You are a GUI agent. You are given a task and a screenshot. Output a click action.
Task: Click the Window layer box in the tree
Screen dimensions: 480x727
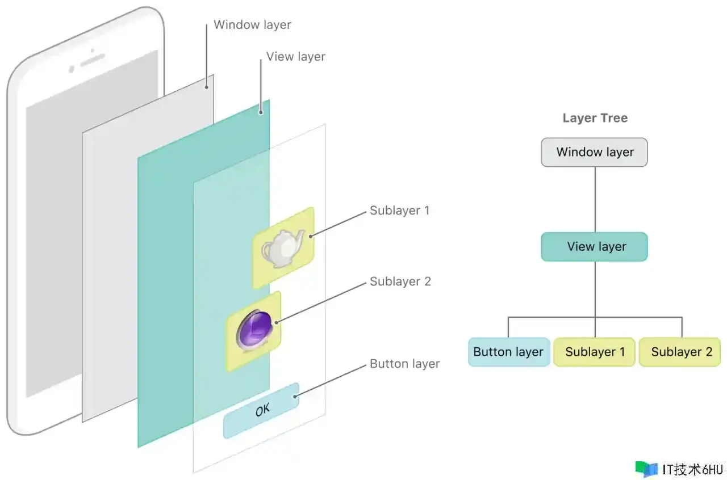pos(594,152)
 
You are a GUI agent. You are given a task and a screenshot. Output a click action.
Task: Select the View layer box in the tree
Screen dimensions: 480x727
pos(594,247)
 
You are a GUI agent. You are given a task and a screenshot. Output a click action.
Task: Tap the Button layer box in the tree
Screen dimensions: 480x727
pos(508,352)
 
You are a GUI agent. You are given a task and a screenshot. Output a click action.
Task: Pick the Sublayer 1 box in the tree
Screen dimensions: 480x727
pos(595,352)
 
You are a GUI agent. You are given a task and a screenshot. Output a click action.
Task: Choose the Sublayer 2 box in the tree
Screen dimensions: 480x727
pos(681,352)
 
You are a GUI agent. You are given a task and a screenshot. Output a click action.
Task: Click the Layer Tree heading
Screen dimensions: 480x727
pos(595,118)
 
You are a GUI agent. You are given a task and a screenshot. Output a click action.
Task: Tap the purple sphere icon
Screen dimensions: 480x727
pos(254,331)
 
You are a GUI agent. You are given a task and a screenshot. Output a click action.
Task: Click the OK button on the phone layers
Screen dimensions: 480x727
pos(262,410)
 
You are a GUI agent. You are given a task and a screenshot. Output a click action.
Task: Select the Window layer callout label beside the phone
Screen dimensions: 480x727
pos(252,25)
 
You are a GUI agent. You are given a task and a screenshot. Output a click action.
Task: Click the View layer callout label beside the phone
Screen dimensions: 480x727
pos(295,57)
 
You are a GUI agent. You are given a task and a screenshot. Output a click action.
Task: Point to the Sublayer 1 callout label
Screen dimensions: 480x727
pos(399,210)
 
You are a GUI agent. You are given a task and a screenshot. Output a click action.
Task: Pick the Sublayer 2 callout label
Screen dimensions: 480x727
pos(400,281)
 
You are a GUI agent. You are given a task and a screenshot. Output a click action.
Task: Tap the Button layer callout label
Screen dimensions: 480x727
pos(404,364)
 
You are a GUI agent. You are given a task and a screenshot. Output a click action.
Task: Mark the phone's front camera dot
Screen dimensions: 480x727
pos(72,69)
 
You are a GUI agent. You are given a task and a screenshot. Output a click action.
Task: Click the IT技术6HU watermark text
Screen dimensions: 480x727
pos(692,469)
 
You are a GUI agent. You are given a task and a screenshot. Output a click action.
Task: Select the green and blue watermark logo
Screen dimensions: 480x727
pos(646,469)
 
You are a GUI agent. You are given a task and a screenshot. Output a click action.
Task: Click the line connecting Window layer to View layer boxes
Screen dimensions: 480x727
pos(595,199)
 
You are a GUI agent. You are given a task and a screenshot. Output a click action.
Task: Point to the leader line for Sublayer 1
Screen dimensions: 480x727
pos(337,224)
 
